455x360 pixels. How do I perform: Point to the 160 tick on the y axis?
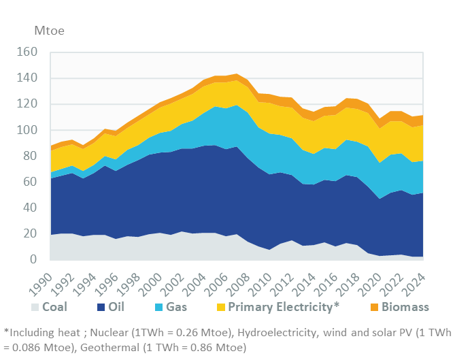pyautogui.click(x=28, y=52)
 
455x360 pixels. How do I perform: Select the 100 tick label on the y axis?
pyautogui.click(x=28, y=129)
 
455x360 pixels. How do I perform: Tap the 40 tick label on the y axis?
pyautogui.click(x=31, y=208)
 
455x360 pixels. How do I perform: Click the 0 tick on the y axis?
pyautogui.click(x=34, y=259)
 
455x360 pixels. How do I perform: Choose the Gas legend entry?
pyautogui.click(x=175, y=307)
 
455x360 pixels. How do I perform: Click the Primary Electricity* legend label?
pyautogui.click(x=270, y=307)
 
